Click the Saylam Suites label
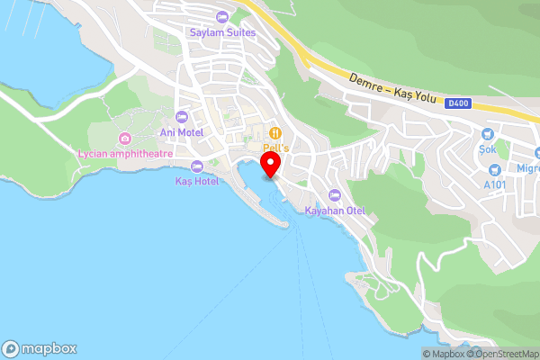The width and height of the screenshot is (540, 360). point(222,32)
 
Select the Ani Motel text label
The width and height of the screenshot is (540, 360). point(181,132)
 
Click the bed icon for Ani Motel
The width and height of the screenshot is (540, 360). point(181,117)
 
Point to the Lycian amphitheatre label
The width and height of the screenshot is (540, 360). point(125,154)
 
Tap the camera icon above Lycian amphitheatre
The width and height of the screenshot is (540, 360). point(125,139)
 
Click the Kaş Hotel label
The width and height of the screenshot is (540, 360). point(196,181)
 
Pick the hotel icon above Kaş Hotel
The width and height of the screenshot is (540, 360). point(196,166)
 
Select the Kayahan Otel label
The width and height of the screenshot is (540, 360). point(335,211)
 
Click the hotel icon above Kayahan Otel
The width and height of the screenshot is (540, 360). point(335,195)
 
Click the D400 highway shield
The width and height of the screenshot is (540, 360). point(457,104)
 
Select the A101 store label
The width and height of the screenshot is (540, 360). point(494,184)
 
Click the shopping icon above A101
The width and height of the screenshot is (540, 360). point(494,169)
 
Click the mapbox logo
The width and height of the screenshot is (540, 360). point(40,348)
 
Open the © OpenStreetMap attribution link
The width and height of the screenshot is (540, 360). point(503,354)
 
